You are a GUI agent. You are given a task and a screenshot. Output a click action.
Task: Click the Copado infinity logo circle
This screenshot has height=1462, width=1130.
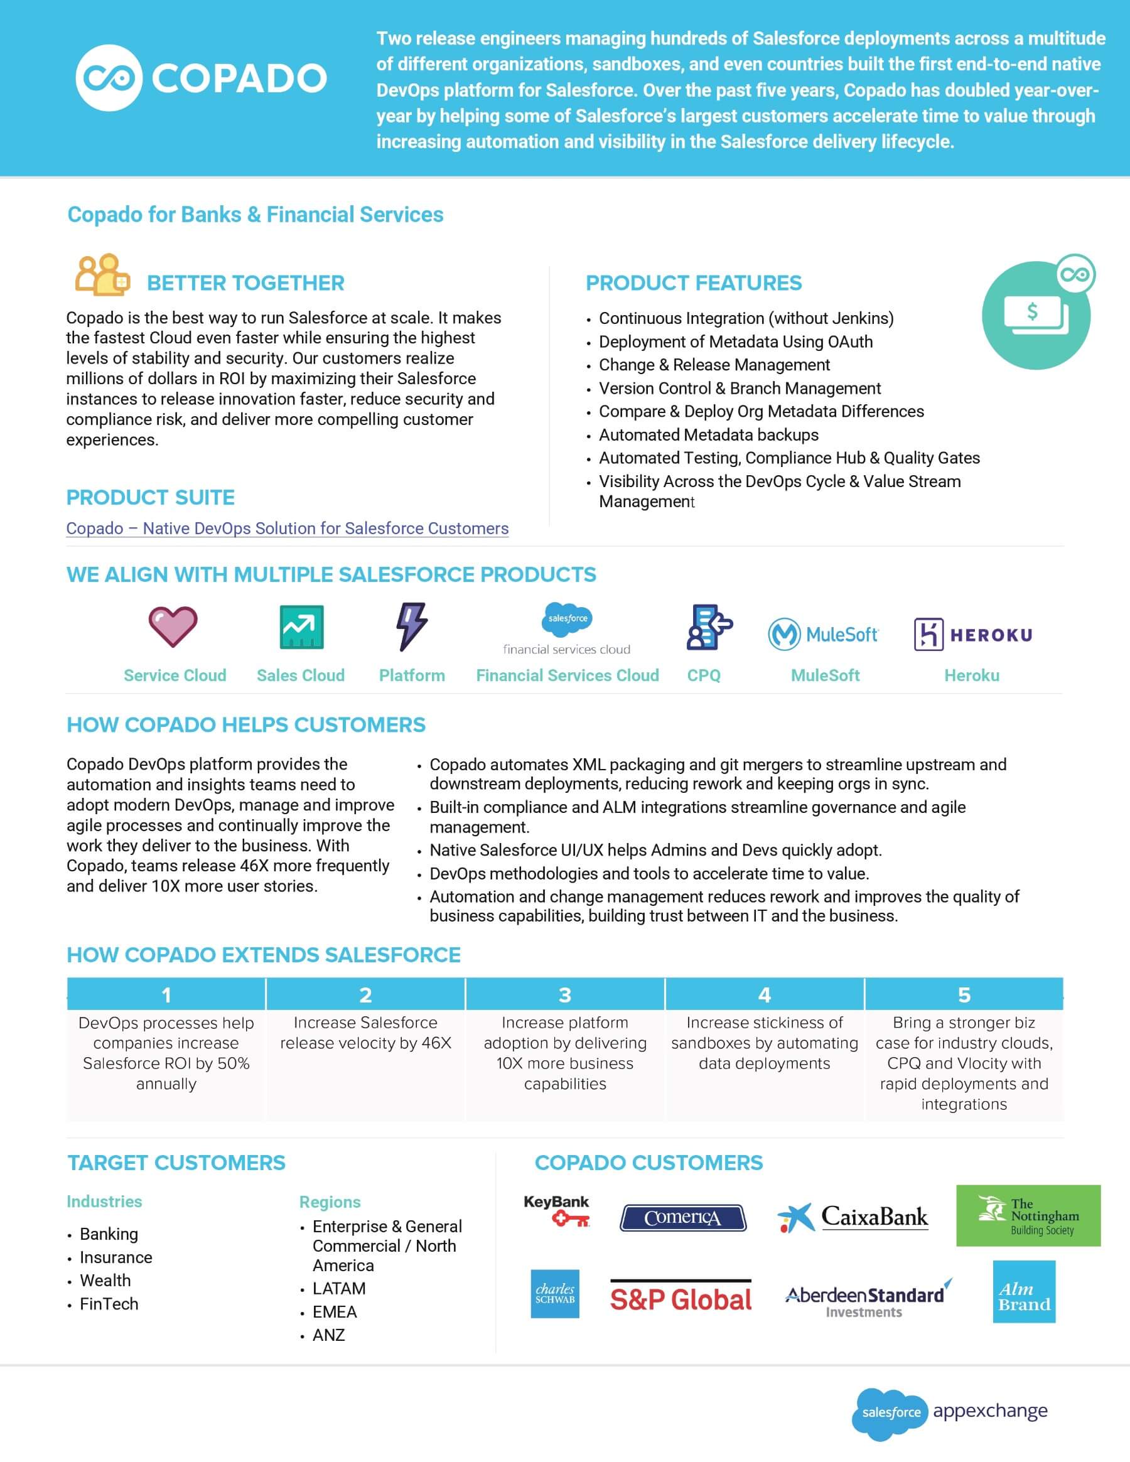pos(109,78)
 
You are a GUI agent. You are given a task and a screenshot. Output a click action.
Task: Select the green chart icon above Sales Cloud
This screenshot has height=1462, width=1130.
pos(301,627)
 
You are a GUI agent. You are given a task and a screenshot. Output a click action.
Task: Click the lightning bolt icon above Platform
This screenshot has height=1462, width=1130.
pos(411,626)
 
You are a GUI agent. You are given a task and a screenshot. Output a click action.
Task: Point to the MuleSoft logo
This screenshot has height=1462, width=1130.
pos(824,634)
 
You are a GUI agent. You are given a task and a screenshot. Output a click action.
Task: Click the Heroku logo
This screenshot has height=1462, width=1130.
pos(972,634)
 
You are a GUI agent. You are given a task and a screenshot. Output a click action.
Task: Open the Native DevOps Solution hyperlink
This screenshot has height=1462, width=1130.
pos(287,528)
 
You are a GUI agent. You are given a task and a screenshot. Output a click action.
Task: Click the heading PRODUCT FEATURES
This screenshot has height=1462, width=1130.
pos(693,283)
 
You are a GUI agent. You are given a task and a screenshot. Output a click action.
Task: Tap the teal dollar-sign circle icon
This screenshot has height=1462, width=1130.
pos(1035,315)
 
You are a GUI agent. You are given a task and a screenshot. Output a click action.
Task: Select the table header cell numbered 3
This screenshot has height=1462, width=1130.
pos(564,995)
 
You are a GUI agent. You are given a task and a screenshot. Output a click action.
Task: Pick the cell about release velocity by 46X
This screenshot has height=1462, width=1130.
pos(365,1033)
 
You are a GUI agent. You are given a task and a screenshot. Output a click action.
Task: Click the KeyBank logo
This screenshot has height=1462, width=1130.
pos(556,1210)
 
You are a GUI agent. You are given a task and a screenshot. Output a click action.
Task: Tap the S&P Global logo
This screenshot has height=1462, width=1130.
pos(680,1299)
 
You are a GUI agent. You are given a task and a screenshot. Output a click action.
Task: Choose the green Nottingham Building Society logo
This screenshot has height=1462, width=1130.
pos(1028,1216)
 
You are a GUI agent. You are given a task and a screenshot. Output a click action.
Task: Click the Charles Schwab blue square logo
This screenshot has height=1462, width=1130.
pos(554,1294)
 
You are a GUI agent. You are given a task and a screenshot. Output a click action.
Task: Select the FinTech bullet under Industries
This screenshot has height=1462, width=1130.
pos(109,1304)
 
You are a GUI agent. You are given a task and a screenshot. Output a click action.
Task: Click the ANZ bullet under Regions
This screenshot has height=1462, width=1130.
pos(328,1335)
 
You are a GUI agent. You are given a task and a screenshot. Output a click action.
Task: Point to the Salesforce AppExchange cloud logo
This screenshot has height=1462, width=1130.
pos(890,1412)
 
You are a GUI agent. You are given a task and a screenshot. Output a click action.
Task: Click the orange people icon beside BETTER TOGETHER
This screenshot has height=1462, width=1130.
pos(101,275)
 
